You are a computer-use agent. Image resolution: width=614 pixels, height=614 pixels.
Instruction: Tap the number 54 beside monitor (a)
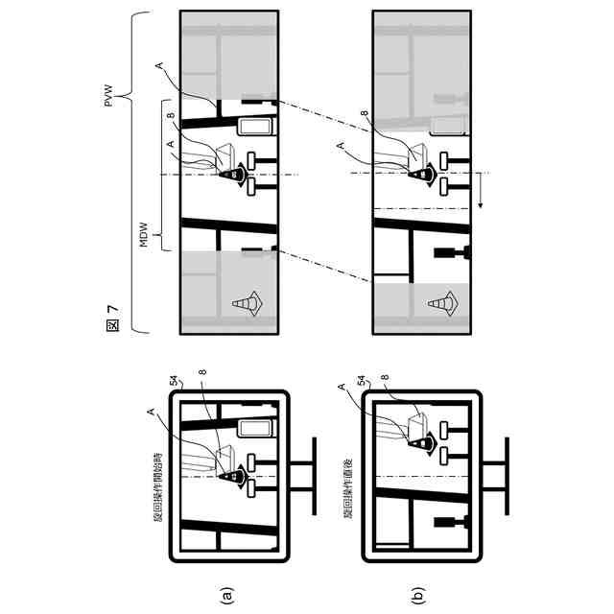point(175,381)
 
